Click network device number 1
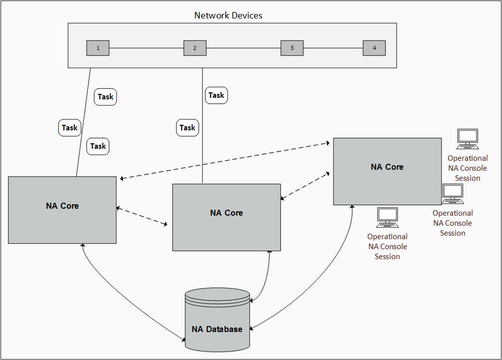tap(98, 48)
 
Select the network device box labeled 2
tap(195, 48)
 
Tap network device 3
tap(292, 48)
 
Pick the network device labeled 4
tap(374, 48)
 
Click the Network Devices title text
tap(228, 15)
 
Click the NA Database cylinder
tap(217, 320)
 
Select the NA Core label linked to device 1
tap(62, 206)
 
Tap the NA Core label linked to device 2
tap(227, 213)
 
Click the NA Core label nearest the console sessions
tap(387, 167)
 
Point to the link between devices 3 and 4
tap(333, 48)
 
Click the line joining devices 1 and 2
tap(146, 48)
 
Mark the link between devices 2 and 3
tap(244, 48)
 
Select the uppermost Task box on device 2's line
tap(217, 95)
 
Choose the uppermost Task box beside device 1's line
tap(105, 97)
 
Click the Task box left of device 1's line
tap(70, 128)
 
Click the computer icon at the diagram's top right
tap(468, 139)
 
